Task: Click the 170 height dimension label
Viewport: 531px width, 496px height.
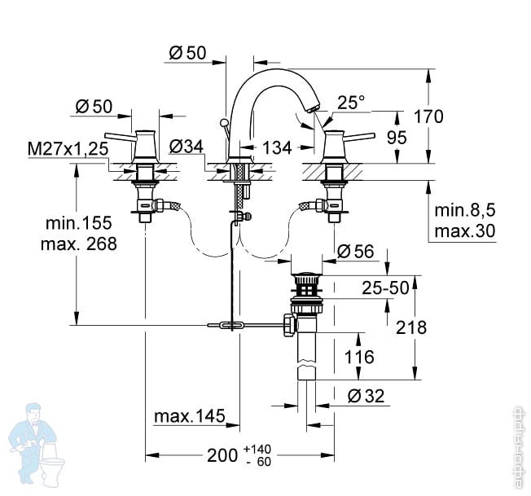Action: coord(428,116)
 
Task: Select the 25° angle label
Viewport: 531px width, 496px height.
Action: coord(351,102)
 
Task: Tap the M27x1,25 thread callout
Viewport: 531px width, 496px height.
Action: coord(68,149)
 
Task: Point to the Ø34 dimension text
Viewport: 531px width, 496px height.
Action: coord(187,147)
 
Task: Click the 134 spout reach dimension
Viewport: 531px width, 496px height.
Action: coord(277,147)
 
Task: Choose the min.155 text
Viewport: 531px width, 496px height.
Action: coord(78,223)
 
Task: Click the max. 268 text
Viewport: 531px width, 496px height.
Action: coord(78,244)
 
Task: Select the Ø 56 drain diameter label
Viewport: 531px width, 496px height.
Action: coord(356,251)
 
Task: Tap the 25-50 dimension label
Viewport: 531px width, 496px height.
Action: coord(385,288)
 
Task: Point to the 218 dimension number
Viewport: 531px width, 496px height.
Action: coord(411,327)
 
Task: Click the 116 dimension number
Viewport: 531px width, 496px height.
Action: coord(359,357)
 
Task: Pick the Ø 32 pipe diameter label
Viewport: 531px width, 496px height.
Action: coord(366,396)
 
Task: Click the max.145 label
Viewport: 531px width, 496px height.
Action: coord(190,415)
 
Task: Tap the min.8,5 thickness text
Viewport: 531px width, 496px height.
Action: coord(464,210)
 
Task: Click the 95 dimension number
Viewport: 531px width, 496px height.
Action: coord(397,138)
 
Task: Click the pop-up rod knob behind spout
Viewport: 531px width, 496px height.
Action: coord(223,122)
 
